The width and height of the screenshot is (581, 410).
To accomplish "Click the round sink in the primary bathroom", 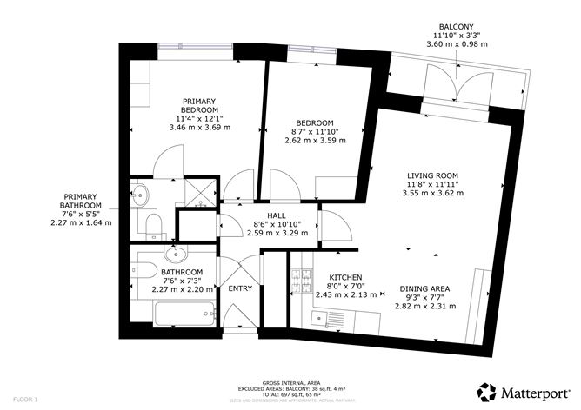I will (x=140, y=195).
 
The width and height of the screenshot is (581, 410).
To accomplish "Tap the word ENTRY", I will (x=239, y=288).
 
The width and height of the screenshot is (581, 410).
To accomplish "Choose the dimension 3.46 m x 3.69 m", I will (x=199, y=128).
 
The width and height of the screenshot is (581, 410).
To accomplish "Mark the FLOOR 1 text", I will (x=17, y=400).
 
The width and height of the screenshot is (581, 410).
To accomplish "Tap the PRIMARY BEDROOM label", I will (x=199, y=104).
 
